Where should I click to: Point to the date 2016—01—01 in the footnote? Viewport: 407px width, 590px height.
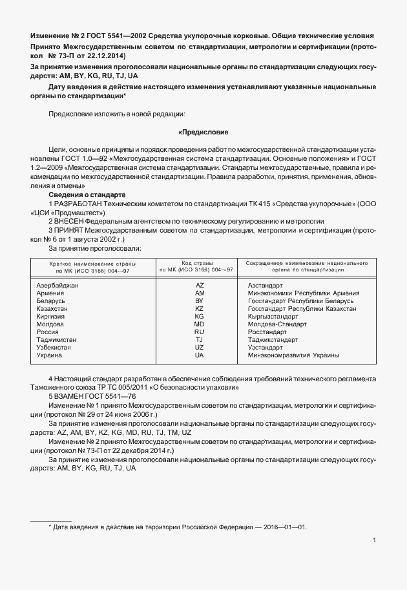284,527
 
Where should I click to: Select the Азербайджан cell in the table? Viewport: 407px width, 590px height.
59,285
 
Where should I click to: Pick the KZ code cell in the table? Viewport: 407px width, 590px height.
199,308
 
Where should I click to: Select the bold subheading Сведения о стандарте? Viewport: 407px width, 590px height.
87,195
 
